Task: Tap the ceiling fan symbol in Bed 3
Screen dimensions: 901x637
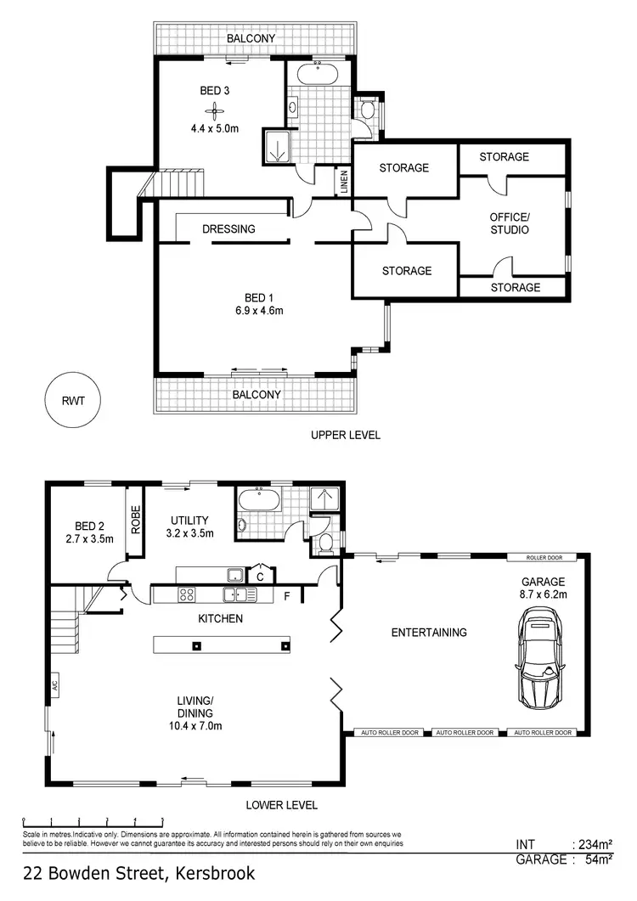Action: coord(215,110)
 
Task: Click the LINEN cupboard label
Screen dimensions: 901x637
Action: coord(344,184)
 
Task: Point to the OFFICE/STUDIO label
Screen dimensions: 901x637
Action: coord(509,223)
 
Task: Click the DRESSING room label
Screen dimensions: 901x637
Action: coord(228,229)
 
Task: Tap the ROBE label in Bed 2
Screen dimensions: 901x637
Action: coord(135,520)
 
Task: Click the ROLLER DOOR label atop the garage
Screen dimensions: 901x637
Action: coord(541,558)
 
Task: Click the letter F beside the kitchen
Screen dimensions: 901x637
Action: coord(287,596)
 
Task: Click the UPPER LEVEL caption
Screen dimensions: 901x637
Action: coord(346,435)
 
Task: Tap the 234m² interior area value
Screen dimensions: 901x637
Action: coord(595,844)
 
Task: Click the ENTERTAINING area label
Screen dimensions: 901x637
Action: coord(428,632)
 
